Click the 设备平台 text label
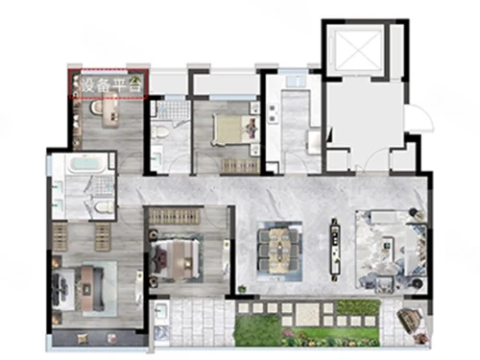110,85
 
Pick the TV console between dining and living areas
335,248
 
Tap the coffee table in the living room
389,246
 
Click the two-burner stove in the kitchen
273,113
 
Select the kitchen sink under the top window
297,82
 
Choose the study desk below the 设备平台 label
110,110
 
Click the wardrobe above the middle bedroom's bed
174,216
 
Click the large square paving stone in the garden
307,313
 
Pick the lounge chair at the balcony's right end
408,319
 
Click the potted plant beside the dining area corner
243,289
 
